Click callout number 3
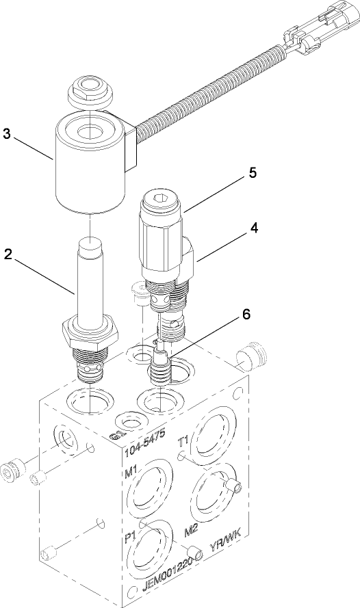pos(7,134)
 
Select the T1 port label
pos(183,440)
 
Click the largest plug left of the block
pos(13,471)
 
